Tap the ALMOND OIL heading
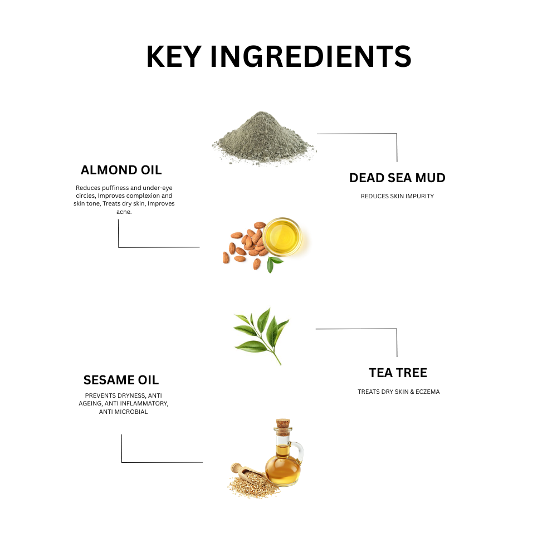[x=121, y=170]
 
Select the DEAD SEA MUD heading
[x=397, y=178]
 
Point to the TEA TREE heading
[x=398, y=372]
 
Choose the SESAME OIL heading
[x=121, y=380]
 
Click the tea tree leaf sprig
[x=261, y=334]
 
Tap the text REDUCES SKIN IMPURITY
[x=397, y=196]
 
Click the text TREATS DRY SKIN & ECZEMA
[x=398, y=392]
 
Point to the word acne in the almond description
[x=124, y=212]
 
